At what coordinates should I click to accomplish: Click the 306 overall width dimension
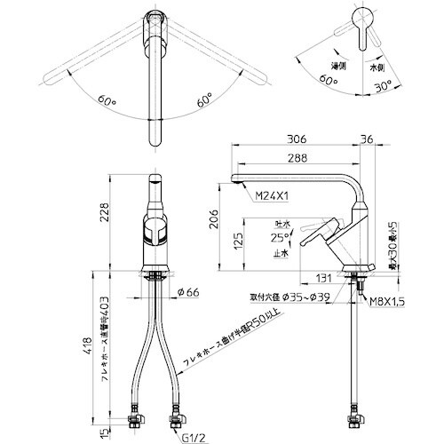click(x=298, y=139)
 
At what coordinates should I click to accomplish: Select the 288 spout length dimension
click(x=297, y=159)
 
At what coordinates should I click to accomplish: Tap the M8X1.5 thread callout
click(x=387, y=302)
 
